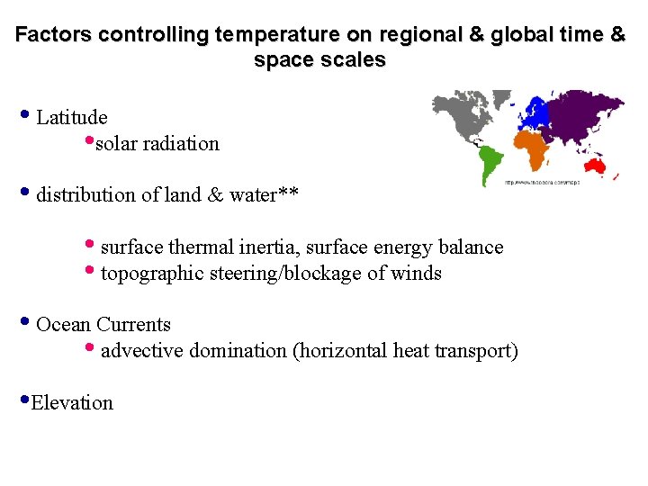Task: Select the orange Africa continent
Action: click(x=531, y=148)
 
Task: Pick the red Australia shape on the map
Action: click(x=595, y=166)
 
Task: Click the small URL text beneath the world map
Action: click(x=542, y=182)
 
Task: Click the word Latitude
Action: click(x=72, y=118)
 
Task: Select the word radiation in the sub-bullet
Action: click(x=185, y=144)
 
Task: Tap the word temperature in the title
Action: click(x=268, y=36)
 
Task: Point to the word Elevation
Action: click(x=72, y=403)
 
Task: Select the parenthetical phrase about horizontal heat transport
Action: click(x=405, y=351)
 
